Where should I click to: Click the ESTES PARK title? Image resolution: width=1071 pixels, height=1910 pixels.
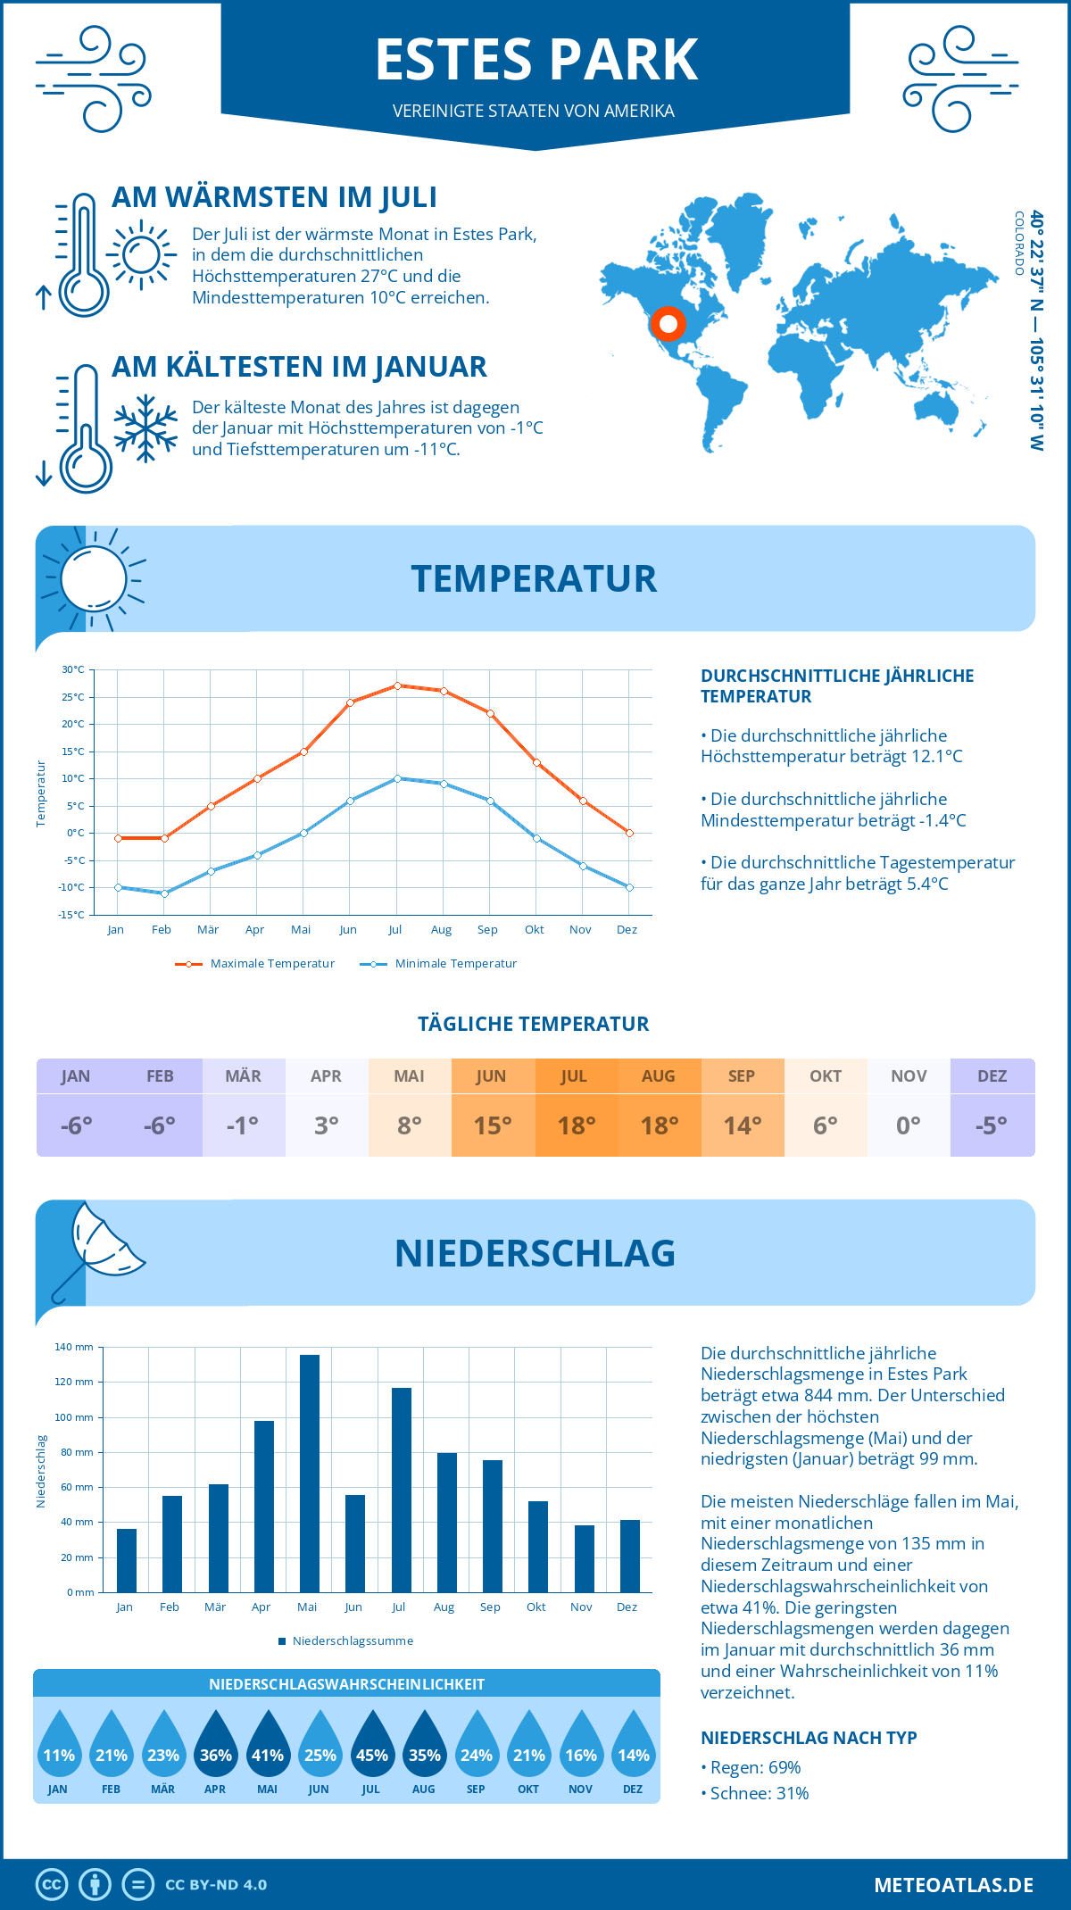tap(535, 60)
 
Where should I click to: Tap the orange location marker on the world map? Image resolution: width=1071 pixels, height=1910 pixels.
tap(668, 324)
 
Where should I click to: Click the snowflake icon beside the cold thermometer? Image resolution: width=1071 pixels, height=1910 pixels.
tap(145, 428)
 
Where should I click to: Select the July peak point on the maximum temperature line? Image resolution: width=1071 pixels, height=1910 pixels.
tap(397, 685)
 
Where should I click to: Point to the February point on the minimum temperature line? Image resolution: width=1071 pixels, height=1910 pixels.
tap(164, 893)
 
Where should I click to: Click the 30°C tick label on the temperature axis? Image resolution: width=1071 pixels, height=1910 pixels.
tap(73, 669)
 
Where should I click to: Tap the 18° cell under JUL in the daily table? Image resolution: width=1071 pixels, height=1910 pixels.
tap(576, 1125)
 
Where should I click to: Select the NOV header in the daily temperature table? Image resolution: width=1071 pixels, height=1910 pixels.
tap(908, 1076)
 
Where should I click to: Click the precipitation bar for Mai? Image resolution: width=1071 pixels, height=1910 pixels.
tap(310, 1473)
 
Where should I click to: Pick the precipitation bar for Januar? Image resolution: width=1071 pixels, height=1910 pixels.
tap(127, 1560)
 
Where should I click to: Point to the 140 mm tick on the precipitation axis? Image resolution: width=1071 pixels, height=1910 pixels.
tap(74, 1347)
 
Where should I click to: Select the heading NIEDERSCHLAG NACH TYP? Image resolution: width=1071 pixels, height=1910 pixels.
tap(808, 1738)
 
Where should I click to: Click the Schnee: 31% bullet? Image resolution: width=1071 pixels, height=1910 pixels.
tap(759, 1793)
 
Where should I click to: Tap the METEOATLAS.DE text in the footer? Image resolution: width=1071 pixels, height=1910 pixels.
tap(953, 1885)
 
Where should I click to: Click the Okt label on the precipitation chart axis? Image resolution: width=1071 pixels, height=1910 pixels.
tap(535, 1607)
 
